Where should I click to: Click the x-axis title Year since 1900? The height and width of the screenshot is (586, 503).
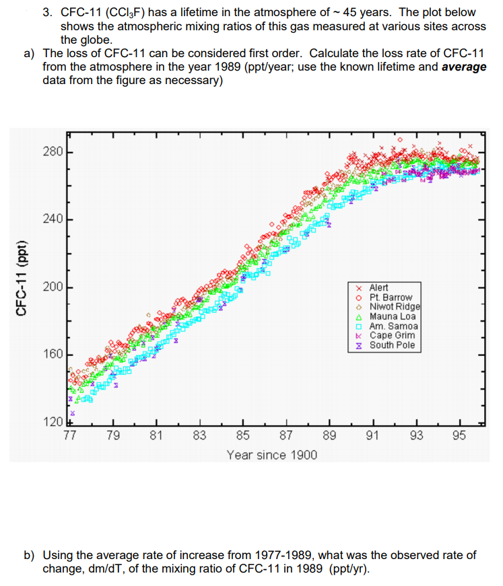click(x=272, y=455)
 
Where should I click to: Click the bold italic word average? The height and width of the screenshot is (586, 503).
click(x=463, y=67)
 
